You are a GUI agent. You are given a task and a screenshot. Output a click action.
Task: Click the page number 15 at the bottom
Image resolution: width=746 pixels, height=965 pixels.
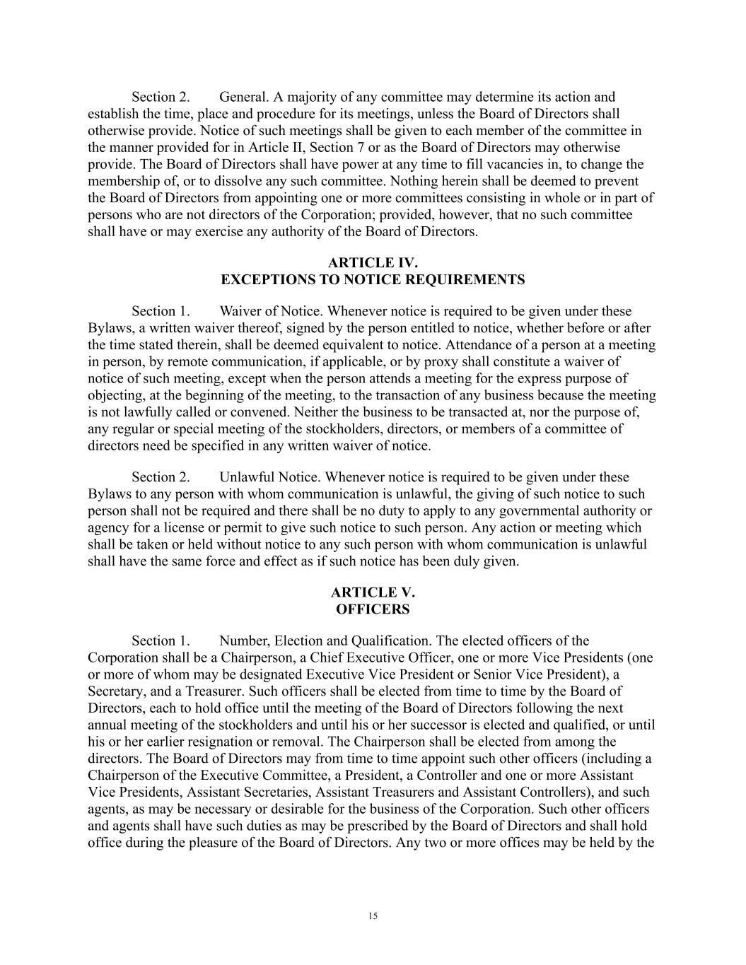(373, 916)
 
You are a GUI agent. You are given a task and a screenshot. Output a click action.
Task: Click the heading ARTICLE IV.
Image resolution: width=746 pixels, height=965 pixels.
(373, 263)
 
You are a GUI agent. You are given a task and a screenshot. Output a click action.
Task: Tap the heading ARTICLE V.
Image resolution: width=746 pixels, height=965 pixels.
(373, 592)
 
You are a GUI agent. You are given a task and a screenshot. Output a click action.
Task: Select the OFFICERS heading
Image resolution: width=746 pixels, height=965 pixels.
(373, 609)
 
